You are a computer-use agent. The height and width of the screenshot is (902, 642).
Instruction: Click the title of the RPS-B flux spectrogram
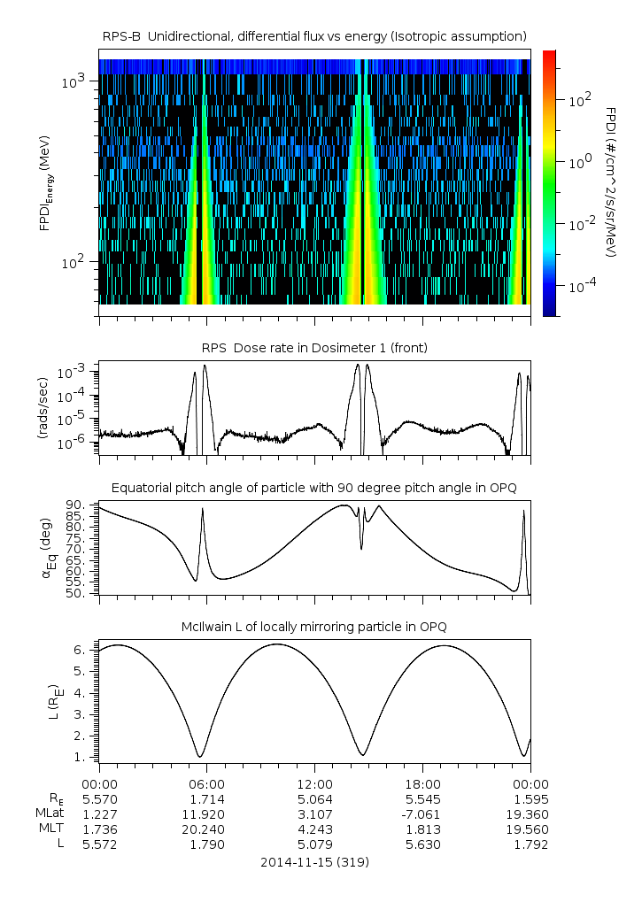pos(314,35)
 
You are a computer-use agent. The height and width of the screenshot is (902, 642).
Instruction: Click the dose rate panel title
pos(314,348)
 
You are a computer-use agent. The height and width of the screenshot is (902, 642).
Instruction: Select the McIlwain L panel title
pos(314,627)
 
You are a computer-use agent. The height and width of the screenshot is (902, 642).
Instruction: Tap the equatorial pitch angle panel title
pos(314,488)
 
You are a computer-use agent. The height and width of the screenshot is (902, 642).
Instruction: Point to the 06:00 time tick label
pos(206,784)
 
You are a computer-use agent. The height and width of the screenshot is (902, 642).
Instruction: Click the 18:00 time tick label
pos(422,784)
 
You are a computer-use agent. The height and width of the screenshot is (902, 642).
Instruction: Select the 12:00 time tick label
pos(314,784)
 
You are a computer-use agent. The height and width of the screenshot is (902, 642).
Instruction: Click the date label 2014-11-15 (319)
pos(314,861)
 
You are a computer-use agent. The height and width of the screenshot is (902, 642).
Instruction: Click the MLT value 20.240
pos(206,829)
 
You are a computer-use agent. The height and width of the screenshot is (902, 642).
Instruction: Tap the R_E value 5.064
pos(314,799)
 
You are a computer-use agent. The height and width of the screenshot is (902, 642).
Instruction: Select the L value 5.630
pos(422,844)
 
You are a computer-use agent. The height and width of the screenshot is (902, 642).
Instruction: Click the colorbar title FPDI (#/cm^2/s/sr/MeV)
pos(612,181)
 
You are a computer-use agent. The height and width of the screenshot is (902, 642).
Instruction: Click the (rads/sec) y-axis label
pos(43,408)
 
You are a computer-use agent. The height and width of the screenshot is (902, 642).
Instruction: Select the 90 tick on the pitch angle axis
pos(75,505)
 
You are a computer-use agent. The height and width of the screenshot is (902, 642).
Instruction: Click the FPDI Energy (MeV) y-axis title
pos(43,181)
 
